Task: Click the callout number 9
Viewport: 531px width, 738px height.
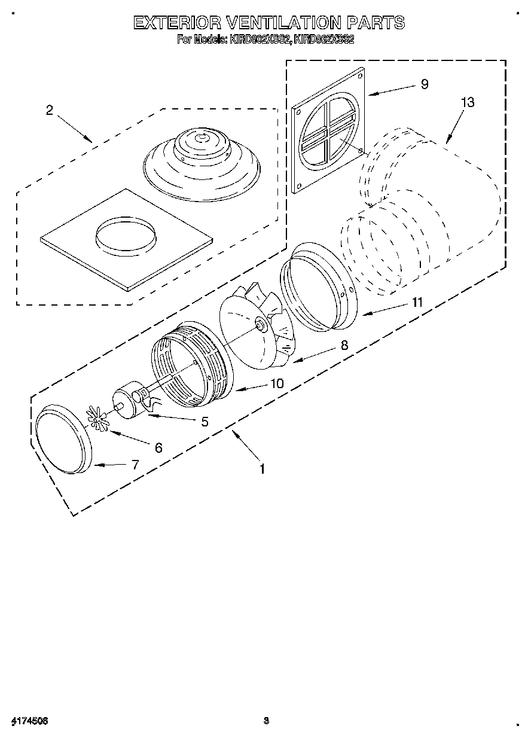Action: (424, 84)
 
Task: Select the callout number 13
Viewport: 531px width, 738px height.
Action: (467, 102)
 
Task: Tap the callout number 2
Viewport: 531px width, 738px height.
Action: (49, 110)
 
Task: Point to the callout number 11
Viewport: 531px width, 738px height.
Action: (416, 303)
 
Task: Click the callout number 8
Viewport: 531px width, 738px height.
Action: (344, 345)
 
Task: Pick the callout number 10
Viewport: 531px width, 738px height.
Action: (277, 383)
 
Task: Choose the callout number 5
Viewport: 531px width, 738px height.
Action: (205, 422)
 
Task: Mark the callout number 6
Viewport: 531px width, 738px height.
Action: (158, 447)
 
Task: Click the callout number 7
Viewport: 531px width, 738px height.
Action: (135, 464)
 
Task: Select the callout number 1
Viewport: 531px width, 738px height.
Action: (261, 469)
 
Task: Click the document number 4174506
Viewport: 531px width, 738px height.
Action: (29, 721)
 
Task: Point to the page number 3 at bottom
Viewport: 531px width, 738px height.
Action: (266, 721)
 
